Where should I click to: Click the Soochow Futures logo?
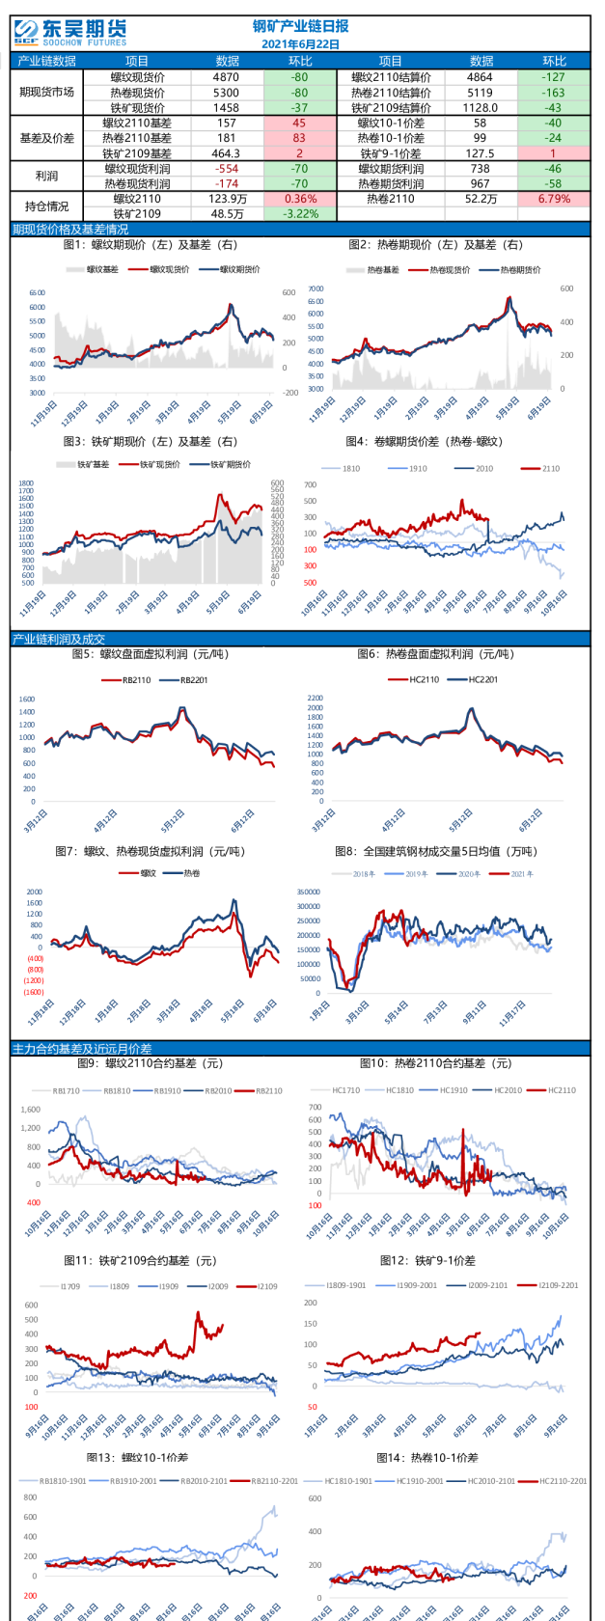70,33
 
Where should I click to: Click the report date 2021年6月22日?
300,44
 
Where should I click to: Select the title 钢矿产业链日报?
300,27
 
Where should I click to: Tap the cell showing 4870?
226,77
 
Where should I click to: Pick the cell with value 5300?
226,93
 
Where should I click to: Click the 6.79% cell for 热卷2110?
554,199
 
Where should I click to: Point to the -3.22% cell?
299,214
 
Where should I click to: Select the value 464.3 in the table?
226,153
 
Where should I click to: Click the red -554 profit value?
226,169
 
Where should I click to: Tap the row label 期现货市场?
47,93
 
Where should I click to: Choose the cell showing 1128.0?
480,108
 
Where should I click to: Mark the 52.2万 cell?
480,199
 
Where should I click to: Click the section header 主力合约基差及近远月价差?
82,1049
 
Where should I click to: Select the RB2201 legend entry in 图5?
186,680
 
